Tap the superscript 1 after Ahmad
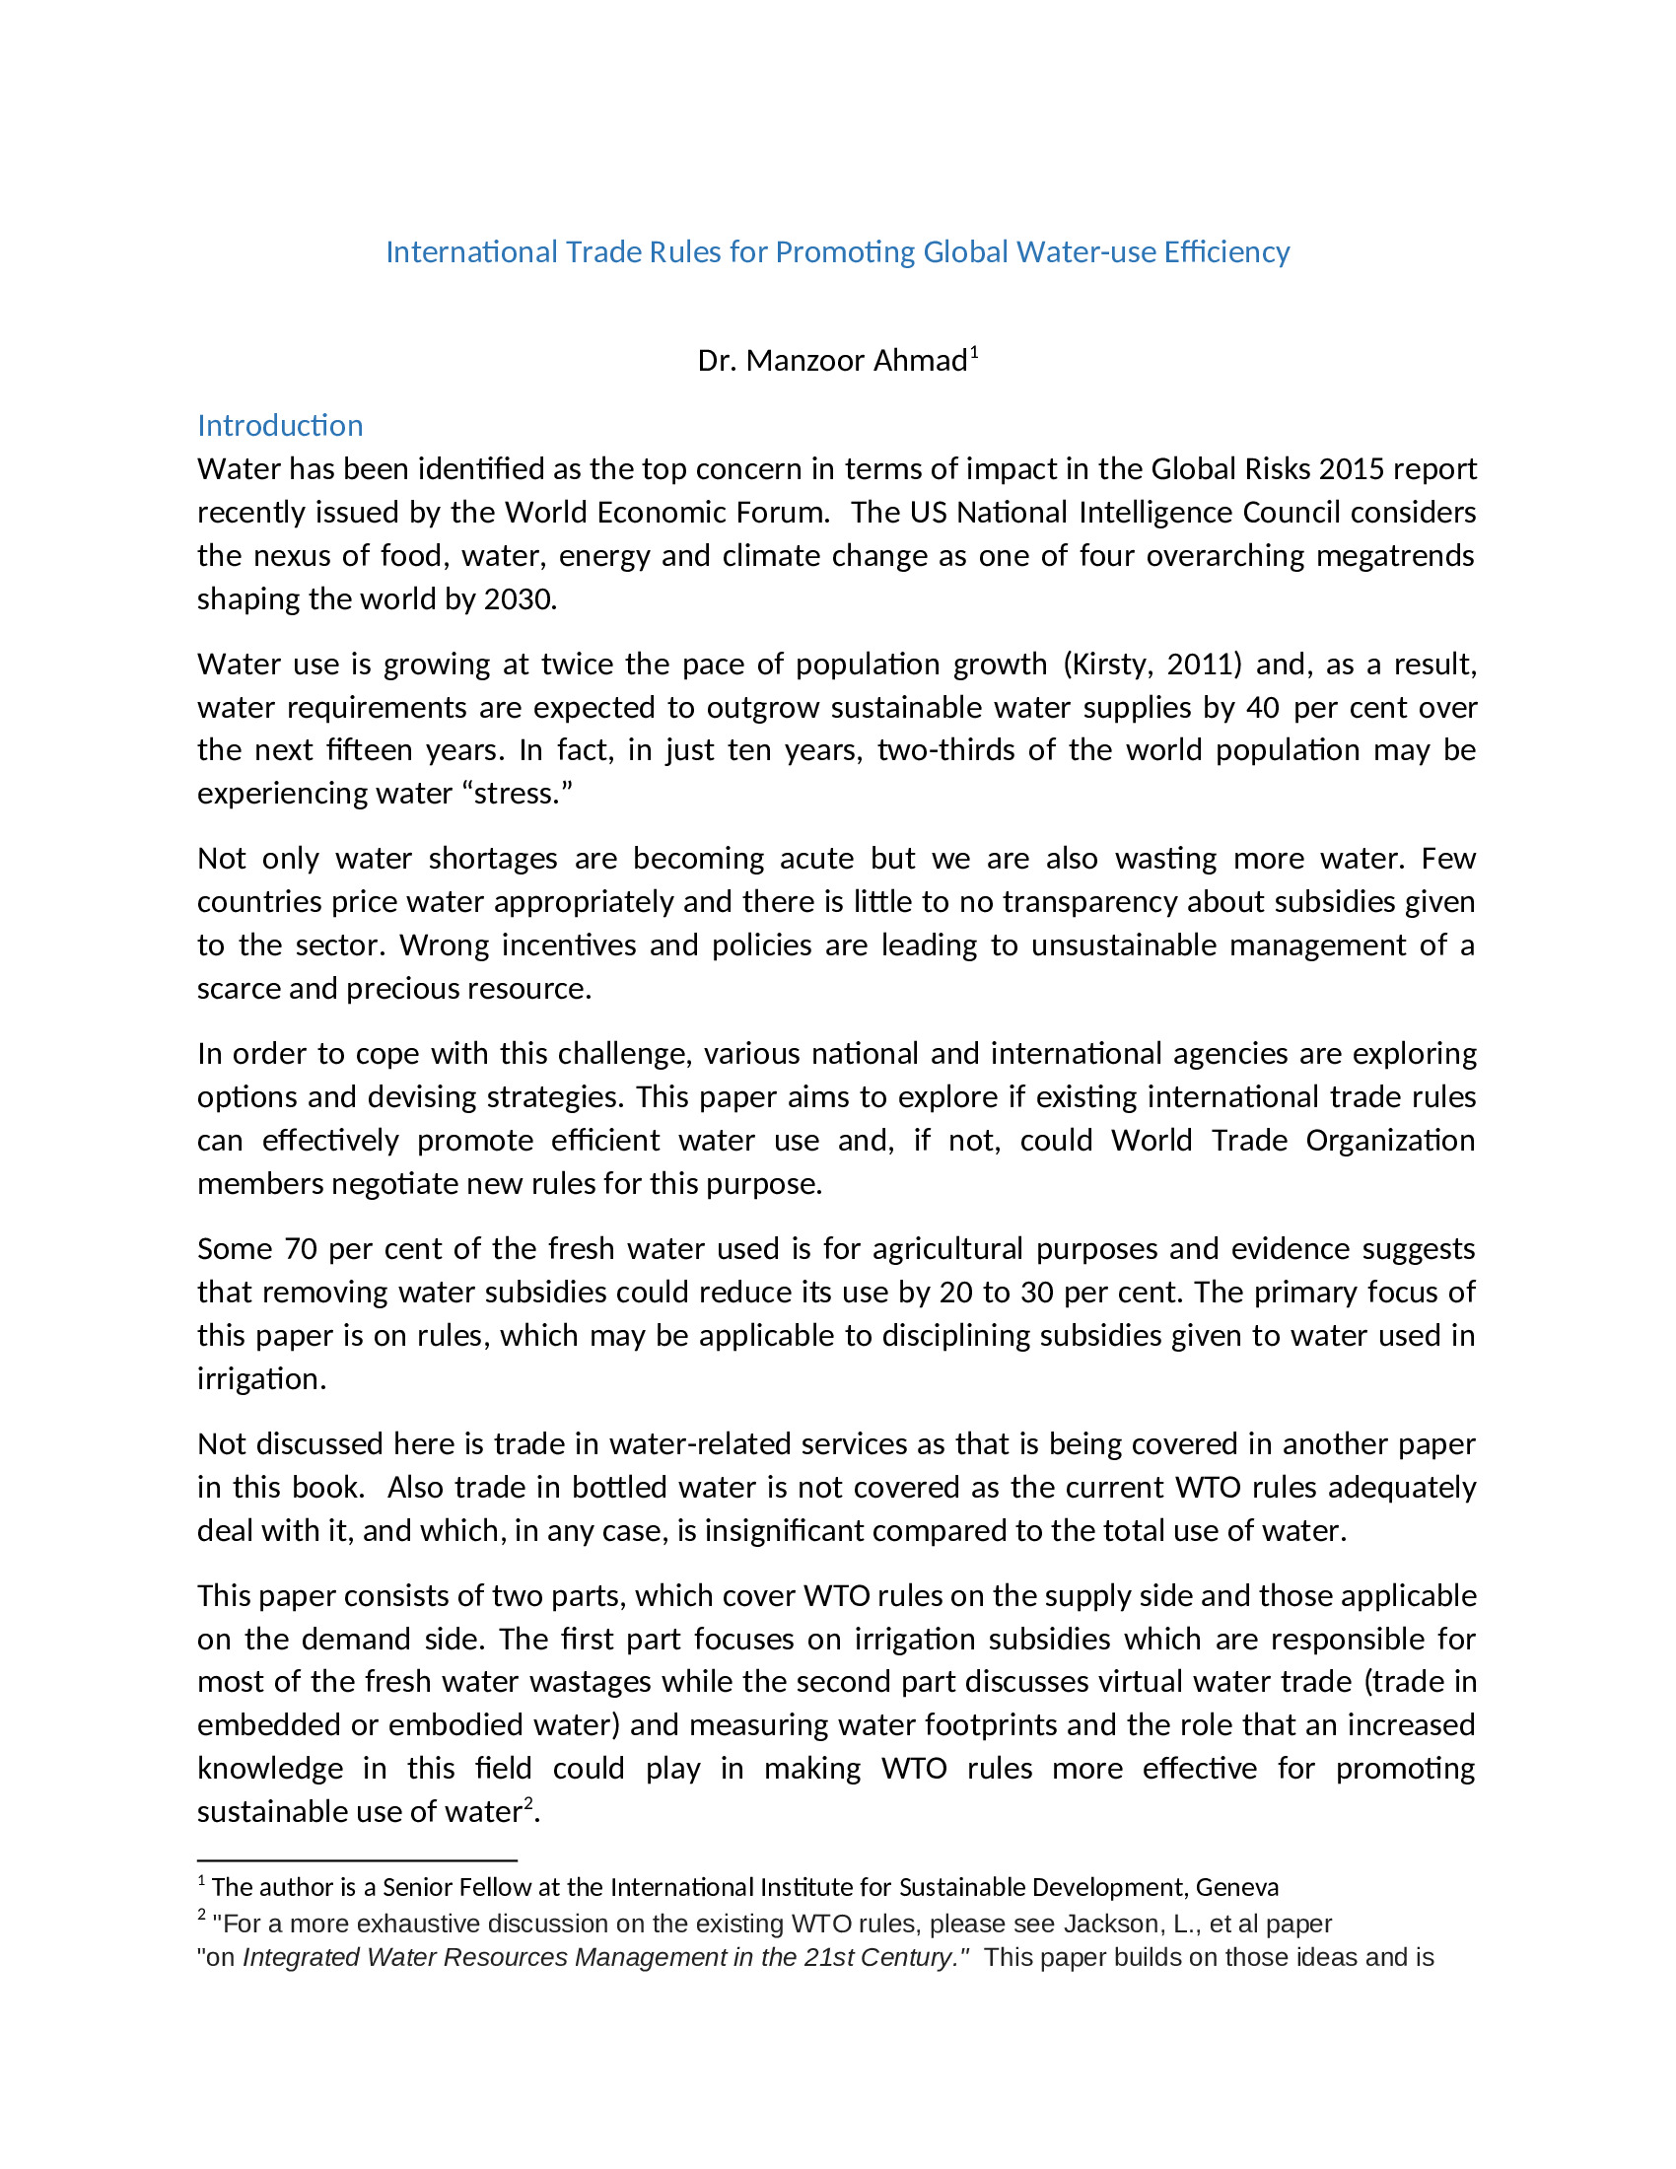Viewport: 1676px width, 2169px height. tap(975, 352)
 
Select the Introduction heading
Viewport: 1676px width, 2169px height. tap(280, 425)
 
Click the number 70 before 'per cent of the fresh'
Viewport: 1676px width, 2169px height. tap(300, 1248)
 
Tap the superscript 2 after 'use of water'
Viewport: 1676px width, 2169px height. tap(529, 1802)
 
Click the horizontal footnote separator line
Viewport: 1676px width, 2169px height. tap(357, 1860)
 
